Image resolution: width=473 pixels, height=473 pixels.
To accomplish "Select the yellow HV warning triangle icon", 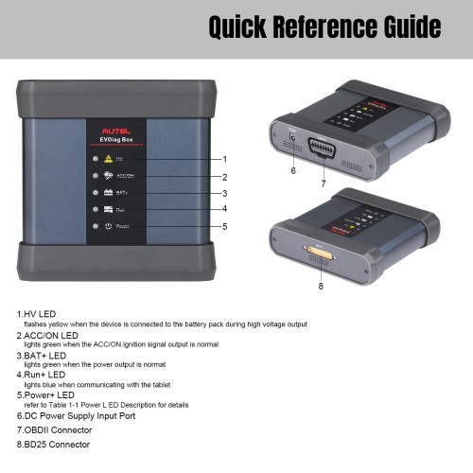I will point(109,159).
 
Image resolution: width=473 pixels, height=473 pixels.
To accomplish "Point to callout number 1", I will point(225,159).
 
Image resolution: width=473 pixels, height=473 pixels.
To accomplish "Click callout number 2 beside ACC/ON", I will point(225,177).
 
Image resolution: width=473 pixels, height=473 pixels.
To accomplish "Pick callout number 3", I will point(225,193).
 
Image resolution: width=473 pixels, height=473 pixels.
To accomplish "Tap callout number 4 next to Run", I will point(225,209).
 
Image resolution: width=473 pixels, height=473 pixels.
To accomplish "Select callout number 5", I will point(225,226).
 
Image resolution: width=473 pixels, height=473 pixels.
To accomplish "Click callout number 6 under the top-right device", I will point(293,171).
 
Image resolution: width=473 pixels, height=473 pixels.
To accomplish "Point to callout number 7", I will point(323,182).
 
